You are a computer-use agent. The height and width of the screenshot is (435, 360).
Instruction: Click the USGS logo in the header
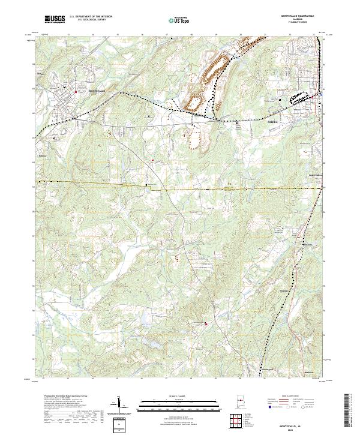(x=55, y=19)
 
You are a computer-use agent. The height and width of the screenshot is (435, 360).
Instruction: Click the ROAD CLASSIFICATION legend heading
(x=292, y=397)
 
